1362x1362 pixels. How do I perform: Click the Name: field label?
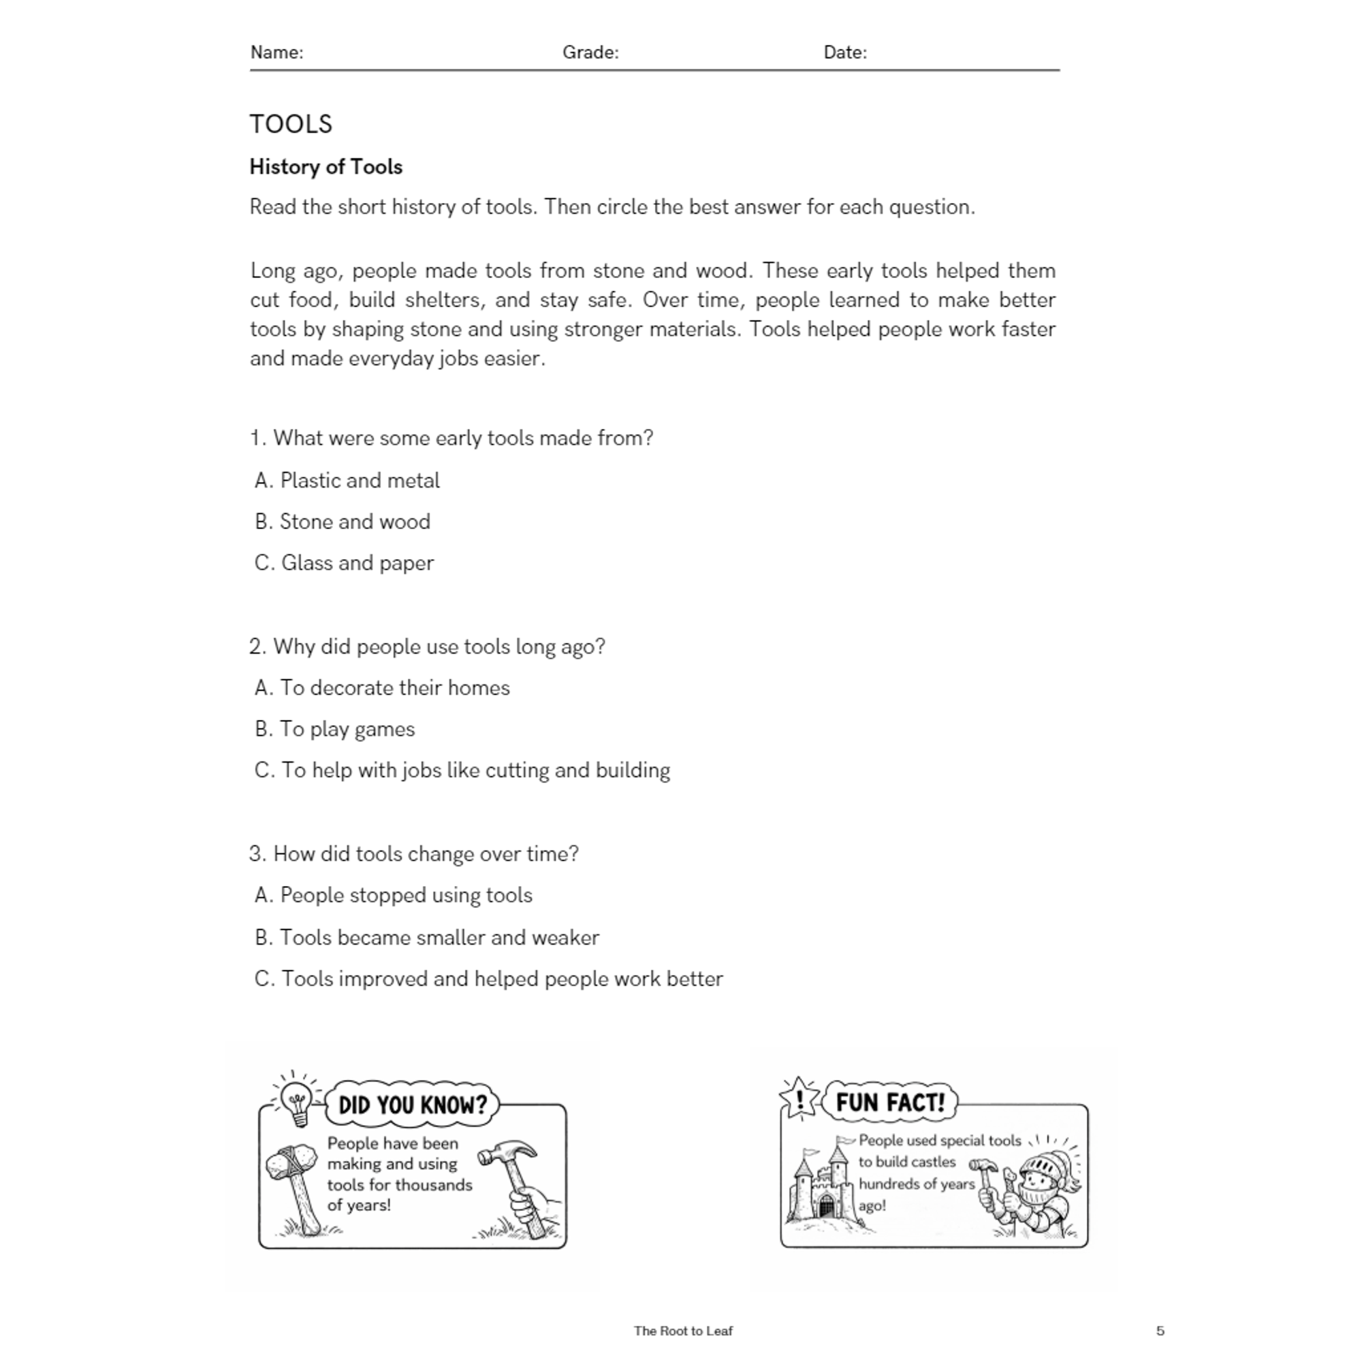(x=276, y=52)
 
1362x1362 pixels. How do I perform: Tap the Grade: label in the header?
(x=590, y=52)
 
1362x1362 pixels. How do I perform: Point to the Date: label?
(x=844, y=52)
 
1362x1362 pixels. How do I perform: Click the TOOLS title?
(x=291, y=124)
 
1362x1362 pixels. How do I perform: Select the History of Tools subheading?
(x=326, y=167)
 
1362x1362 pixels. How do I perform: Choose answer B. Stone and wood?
(x=343, y=522)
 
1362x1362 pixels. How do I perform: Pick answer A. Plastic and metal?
(x=347, y=481)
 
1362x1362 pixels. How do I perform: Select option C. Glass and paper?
(x=344, y=563)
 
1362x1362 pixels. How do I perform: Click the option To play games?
(x=335, y=729)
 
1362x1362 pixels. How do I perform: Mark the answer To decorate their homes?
(x=382, y=688)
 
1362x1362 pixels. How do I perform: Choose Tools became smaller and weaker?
(x=426, y=938)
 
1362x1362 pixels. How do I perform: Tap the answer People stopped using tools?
(x=394, y=896)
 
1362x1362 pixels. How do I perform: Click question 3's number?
(x=256, y=855)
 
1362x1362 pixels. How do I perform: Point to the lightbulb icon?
(x=296, y=1100)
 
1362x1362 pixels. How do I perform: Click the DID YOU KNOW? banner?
(x=413, y=1105)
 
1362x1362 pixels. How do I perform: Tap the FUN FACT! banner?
(x=889, y=1102)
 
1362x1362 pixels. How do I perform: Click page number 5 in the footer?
(x=1160, y=1331)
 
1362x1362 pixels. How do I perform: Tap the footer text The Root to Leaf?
(x=683, y=1331)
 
